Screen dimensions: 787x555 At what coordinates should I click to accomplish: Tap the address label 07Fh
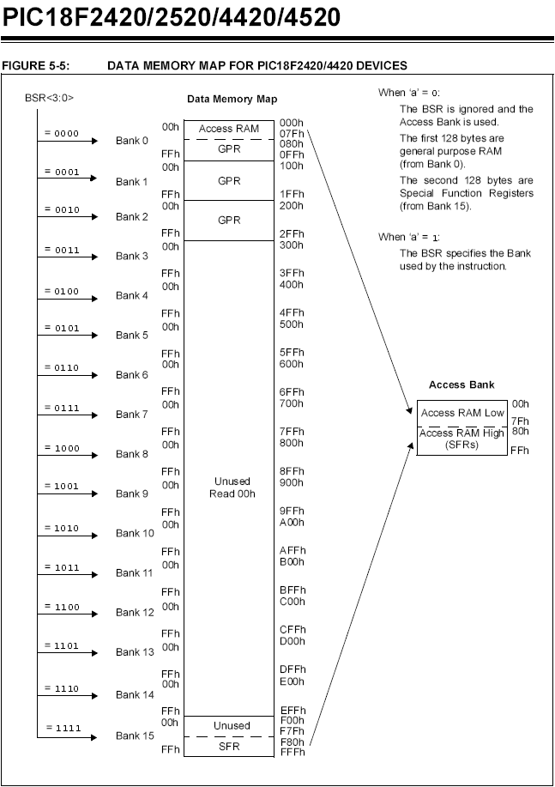pyautogui.click(x=292, y=134)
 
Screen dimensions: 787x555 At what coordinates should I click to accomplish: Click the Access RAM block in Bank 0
pyautogui.click(x=228, y=129)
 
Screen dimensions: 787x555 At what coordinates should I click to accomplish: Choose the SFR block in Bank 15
pyautogui.click(x=228, y=747)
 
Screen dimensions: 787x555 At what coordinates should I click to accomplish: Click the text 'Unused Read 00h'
pyautogui.click(x=228, y=488)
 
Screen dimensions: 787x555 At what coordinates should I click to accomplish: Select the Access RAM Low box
pyautogui.click(x=462, y=413)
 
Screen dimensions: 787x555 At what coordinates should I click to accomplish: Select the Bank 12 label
pyautogui.click(x=135, y=613)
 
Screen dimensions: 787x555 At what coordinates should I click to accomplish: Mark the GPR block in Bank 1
pyautogui.click(x=228, y=181)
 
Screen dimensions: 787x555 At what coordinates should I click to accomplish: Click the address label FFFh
pyautogui.click(x=292, y=752)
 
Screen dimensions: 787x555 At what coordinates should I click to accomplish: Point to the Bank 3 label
pyautogui.click(x=132, y=257)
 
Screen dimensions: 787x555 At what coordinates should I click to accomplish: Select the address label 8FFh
pyautogui.click(x=292, y=470)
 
